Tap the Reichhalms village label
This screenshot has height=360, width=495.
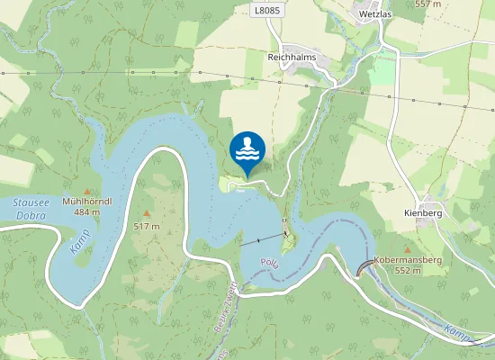coord(295,56)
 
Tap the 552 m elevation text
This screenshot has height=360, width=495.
coord(408,270)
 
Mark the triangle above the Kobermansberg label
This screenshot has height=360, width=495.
coord(408,248)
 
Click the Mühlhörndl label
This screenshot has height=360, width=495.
coord(87,201)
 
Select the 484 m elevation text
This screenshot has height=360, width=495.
coord(87,212)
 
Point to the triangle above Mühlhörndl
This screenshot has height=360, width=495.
coord(87,190)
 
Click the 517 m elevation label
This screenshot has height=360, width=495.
coord(146,226)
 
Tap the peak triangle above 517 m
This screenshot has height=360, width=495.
coord(146,213)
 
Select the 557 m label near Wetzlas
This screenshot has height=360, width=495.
coord(428,4)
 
